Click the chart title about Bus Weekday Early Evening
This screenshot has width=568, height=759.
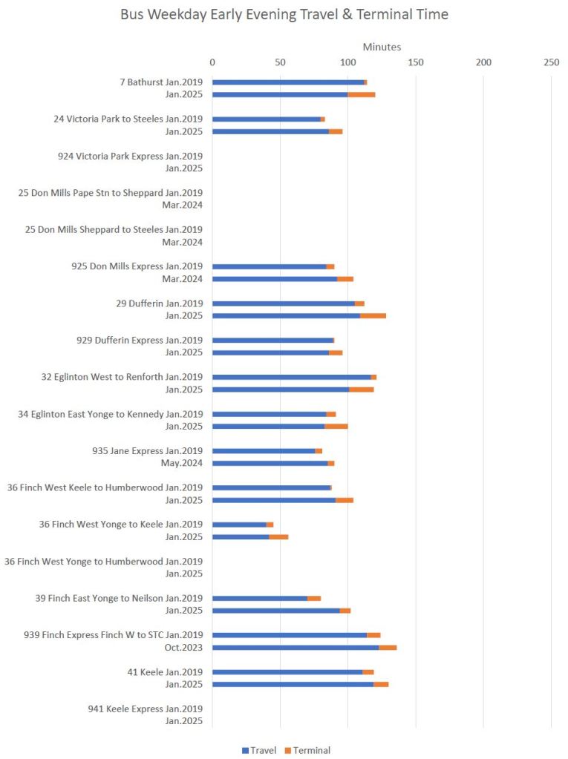[284, 15]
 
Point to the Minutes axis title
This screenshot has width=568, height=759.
[382, 47]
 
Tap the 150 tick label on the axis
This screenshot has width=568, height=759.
[416, 62]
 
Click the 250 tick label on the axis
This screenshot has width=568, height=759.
[551, 62]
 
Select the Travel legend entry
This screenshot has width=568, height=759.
[259, 750]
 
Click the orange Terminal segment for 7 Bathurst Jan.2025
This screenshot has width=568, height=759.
[362, 94]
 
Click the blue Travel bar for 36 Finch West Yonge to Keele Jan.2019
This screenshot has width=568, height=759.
[239, 525]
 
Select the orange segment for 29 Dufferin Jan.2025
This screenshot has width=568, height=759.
[373, 315]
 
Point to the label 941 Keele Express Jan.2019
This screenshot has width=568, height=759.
[145, 709]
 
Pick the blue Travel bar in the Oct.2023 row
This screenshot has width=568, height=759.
[296, 648]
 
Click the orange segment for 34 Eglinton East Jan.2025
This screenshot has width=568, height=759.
[336, 426]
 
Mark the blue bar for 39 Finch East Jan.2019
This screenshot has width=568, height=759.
[260, 598]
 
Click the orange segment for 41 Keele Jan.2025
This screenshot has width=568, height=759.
[381, 684]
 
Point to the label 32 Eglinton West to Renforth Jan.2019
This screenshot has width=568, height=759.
[122, 377]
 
